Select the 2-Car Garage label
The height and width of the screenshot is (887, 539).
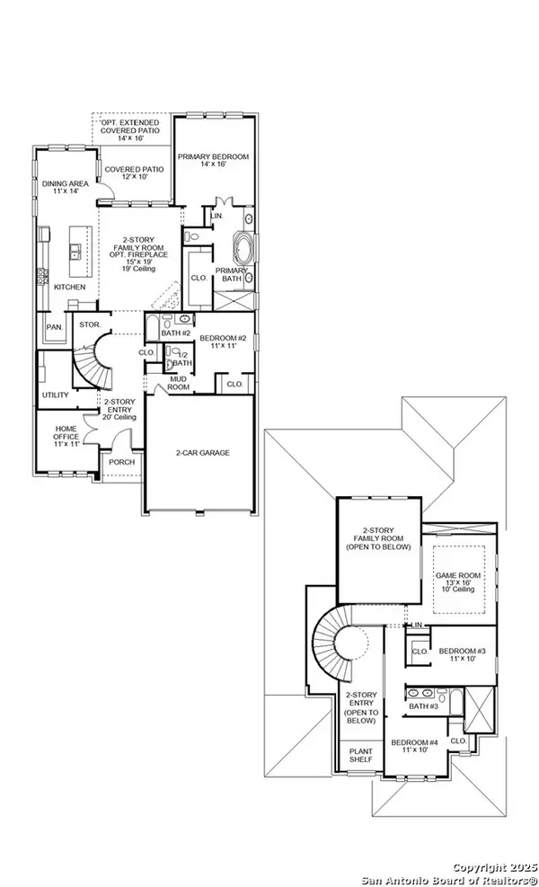point(203,453)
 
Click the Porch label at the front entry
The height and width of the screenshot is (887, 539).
point(120,464)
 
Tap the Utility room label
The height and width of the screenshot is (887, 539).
point(55,395)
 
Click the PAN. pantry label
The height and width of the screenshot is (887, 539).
point(55,327)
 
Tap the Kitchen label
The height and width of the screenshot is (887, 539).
point(69,287)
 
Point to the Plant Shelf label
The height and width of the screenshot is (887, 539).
point(360,756)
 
